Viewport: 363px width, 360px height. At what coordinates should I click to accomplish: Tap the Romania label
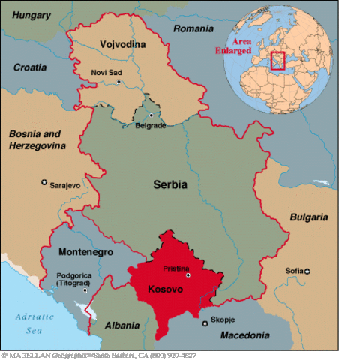[193, 28]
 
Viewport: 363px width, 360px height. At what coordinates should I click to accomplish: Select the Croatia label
[29, 67]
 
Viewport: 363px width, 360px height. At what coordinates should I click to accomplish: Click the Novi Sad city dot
[118, 81]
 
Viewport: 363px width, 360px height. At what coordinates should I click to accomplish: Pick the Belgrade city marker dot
[151, 115]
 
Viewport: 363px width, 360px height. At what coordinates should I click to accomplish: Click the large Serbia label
[170, 184]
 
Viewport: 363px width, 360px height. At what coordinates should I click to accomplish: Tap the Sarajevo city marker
[44, 182]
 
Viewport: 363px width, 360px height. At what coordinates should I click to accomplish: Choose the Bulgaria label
[308, 217]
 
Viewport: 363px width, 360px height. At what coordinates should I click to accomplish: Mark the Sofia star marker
[307, 271]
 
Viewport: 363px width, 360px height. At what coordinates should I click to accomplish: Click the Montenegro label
[86, 252]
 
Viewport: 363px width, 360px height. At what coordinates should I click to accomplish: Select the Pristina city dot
[188, 275]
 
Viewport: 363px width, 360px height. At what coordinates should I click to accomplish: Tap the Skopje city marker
[205, 322]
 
